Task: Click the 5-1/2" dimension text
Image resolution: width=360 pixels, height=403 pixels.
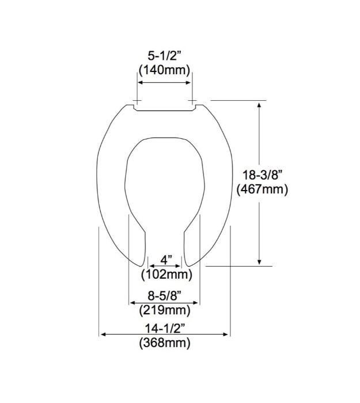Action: (x=165, y=56)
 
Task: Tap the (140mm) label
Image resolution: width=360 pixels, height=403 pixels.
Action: (x=165, y=70)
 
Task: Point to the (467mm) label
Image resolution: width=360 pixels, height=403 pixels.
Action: (x=262, y=189)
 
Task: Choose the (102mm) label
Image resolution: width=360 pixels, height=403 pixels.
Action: (x=166, y=275)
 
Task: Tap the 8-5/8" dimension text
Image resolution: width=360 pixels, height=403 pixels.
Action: (x=165, y=296)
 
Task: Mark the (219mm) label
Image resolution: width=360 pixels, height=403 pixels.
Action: (x=165, y=310)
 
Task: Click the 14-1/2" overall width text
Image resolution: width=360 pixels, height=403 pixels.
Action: (x=165, y=329)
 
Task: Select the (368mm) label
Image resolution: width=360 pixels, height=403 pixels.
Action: (x=165, y=343)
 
